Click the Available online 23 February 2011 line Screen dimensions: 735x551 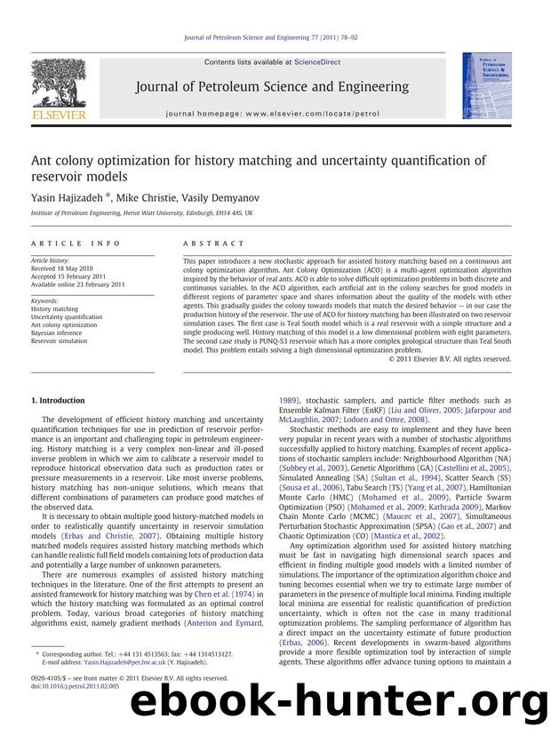pyautogui.click(x=79, y=284)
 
